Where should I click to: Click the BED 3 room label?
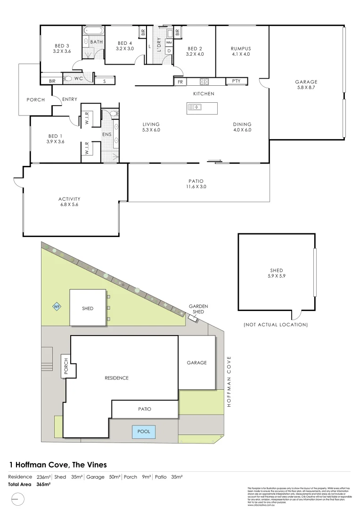[x=62, y=46]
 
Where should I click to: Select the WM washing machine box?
[x=169, y=42]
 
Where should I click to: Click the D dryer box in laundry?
[x=169, y=50]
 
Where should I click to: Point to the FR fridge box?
[x=180, y=82]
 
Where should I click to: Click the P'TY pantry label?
[x=236, y=81]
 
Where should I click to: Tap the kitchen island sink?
[x=195, y=107]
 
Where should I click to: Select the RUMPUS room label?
[x=241, y=49]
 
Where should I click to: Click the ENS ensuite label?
[x=107, y=134]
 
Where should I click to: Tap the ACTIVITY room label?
[x=70, y=199]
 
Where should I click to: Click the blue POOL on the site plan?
[x=144, y=432]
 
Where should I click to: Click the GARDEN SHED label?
[x=198, y=309]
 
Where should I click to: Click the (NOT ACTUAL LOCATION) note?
[x=276, y=325]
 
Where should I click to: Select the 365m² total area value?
[x=43, y=484]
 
